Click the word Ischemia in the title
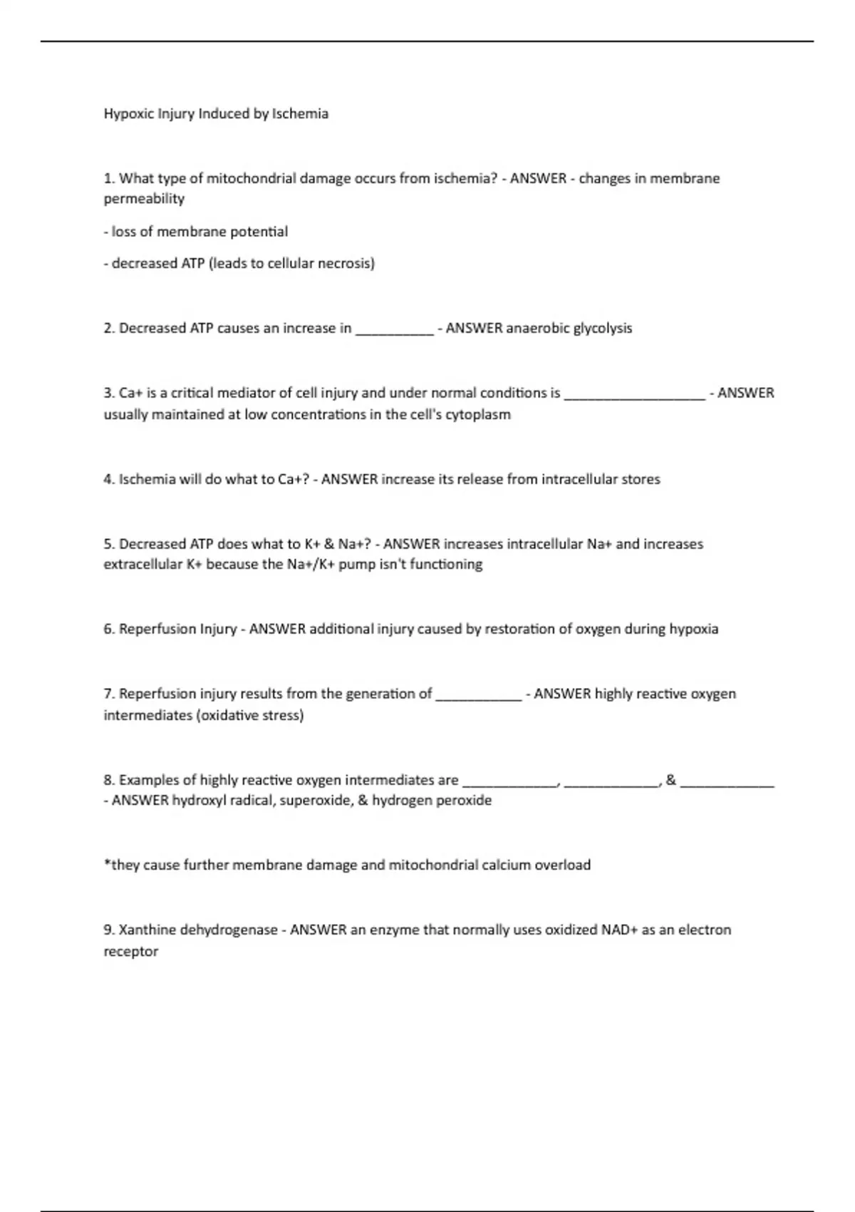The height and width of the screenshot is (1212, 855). point(300,114)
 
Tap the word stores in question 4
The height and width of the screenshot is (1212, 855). point(641,479)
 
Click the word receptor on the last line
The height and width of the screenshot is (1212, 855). point(131,952)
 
